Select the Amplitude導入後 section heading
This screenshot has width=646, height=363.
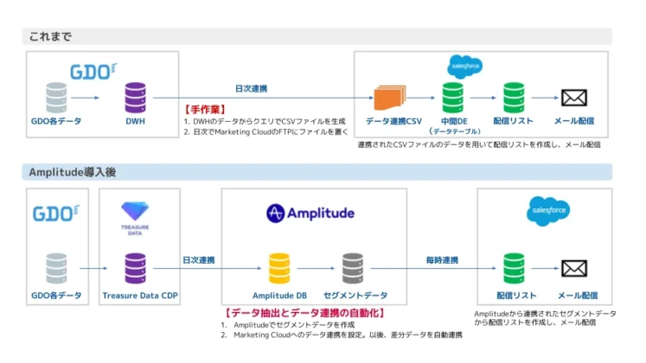(73, 172)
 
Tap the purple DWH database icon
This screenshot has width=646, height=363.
(136, 98)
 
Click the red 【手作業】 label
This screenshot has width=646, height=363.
(205, 111)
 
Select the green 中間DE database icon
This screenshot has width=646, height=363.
(452, 97)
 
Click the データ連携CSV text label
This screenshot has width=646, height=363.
(393, 122)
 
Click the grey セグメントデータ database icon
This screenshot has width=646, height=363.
(352, 268)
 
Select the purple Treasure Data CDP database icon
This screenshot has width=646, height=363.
(136, 268)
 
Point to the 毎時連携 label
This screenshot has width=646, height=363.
(441, 260)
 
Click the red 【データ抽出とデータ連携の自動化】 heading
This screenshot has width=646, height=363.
(304, 312)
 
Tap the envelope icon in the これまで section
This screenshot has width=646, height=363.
(574, 98)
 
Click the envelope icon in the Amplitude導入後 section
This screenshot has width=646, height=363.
(574, 268)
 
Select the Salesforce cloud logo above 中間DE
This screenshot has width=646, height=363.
(464, 66)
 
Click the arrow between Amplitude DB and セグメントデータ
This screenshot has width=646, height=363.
(316, 269)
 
